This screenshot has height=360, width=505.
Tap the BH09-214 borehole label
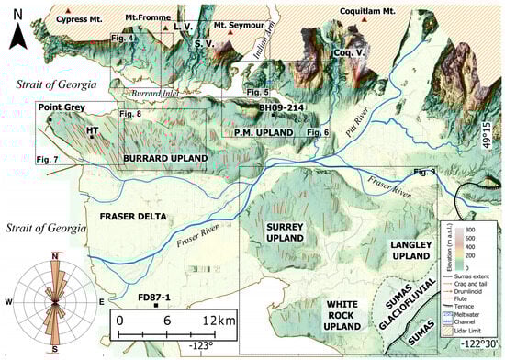(x=280, y=108)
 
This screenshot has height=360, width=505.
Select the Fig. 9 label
(x=425, y=172)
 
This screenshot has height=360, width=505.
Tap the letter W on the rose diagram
(x=9, y=301)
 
